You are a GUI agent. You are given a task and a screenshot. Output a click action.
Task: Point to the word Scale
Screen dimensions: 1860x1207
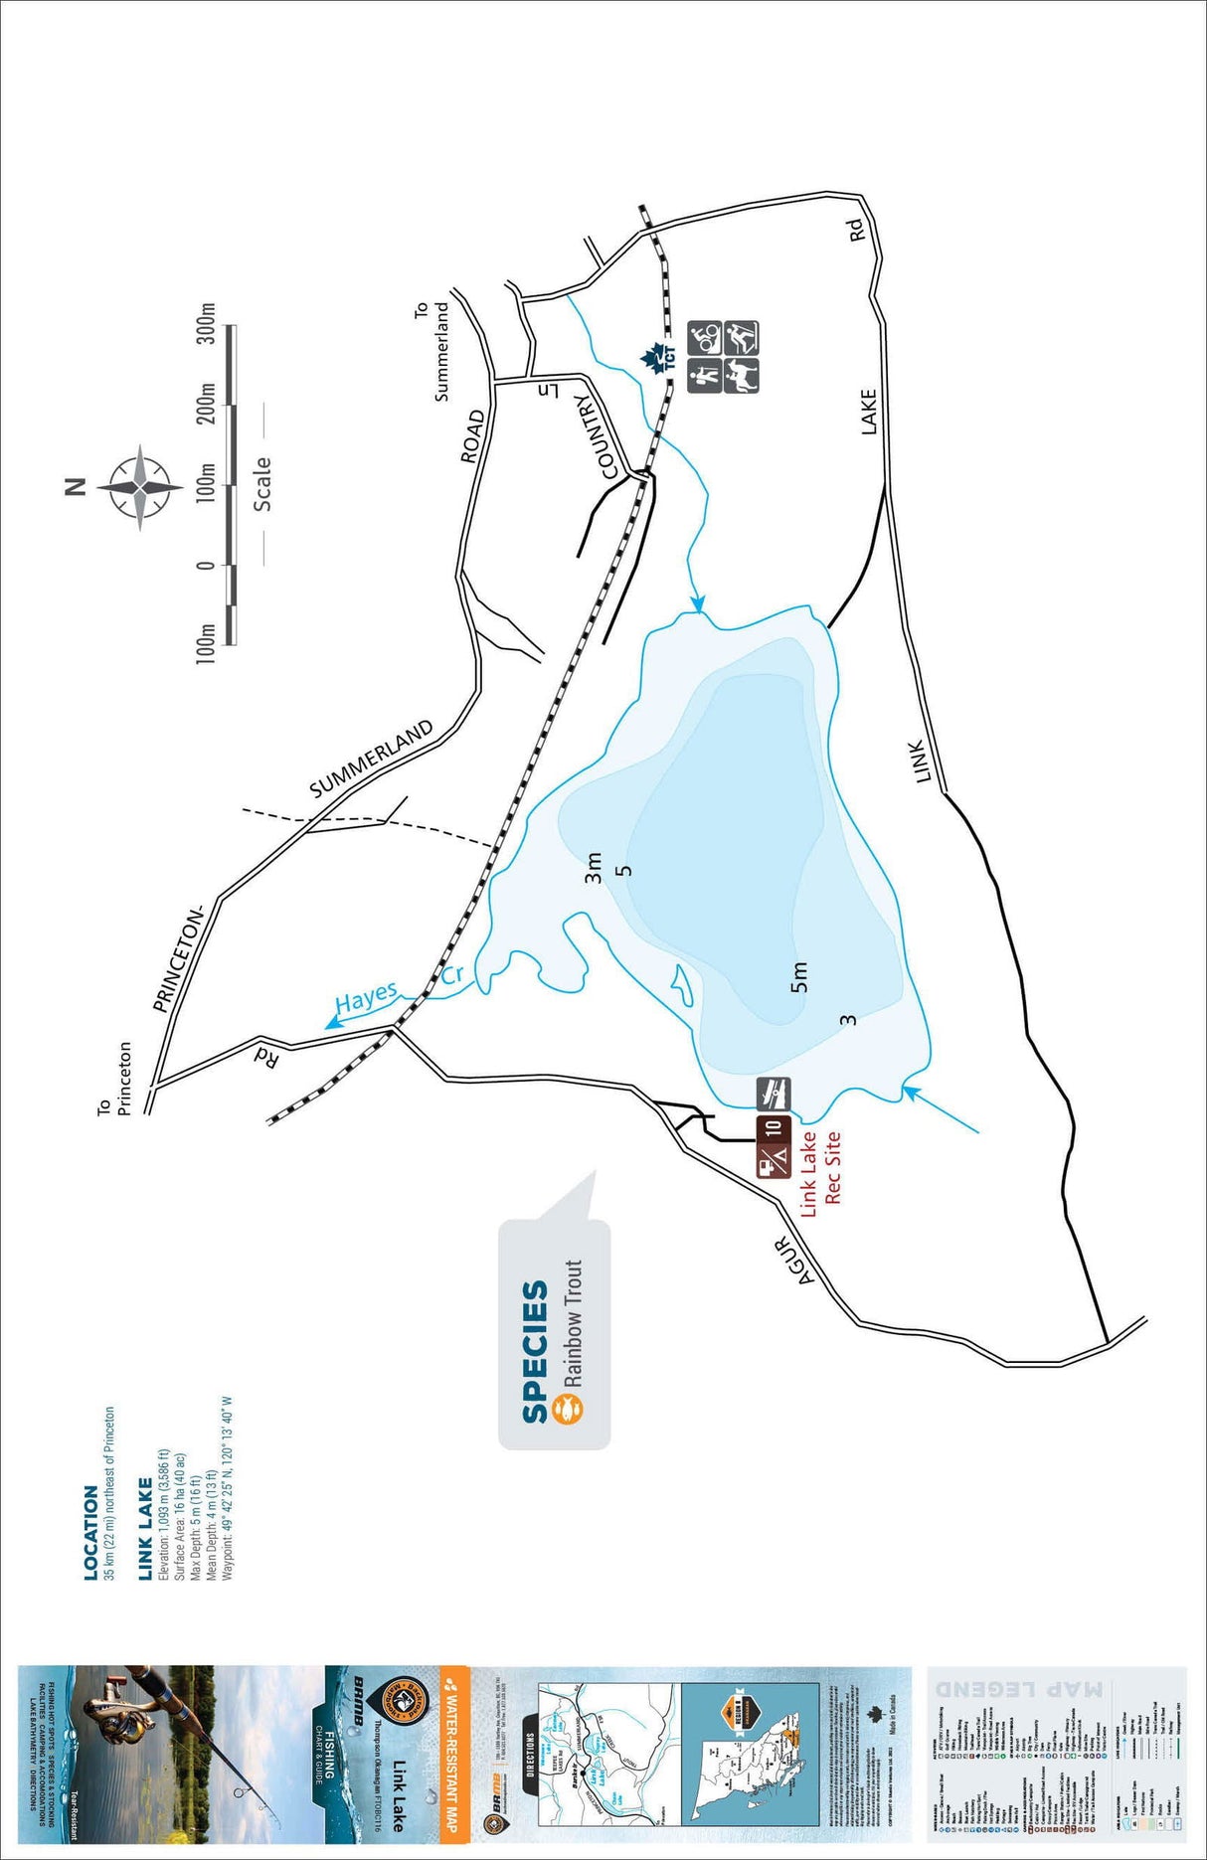[x=262, y=484]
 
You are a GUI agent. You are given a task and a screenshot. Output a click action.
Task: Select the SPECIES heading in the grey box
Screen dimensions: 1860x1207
[x=536, y=1352]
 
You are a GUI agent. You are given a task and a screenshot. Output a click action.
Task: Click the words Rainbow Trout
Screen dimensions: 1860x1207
[x=573, y=1323]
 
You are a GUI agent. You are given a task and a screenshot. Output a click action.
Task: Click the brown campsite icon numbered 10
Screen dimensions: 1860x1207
[x=774, y=1128]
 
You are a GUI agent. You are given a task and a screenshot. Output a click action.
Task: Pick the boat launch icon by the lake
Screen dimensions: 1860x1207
[x=774, y=1094]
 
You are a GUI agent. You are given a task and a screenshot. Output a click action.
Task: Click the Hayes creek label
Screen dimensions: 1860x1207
[x=366, y=998]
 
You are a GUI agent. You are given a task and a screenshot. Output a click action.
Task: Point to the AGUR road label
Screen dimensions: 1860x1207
[x=793, y=1261]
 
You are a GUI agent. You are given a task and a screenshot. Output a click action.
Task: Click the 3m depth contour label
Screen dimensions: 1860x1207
[x=594, y=868]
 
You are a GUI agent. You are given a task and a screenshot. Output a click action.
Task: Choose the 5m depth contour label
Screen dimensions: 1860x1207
[x=798, y=977]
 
